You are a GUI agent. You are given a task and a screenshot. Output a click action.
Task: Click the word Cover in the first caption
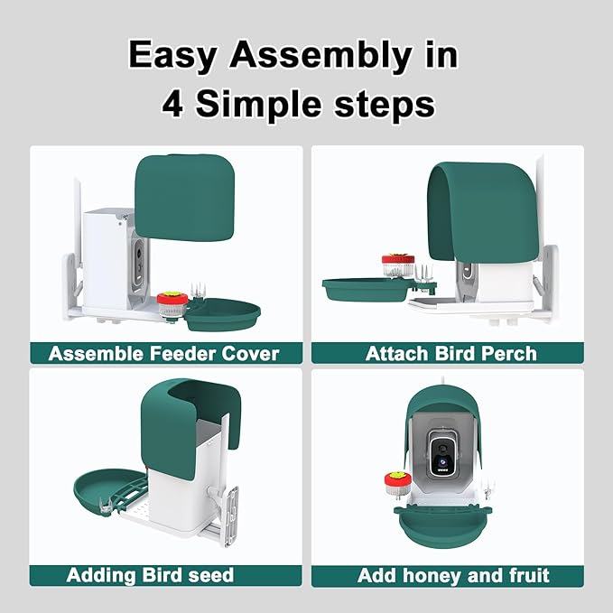tap(250, 354)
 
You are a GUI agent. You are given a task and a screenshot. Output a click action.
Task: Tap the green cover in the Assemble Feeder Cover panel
tap(185, 197)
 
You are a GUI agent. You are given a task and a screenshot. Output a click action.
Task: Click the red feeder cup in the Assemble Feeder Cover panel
tap(172, 304)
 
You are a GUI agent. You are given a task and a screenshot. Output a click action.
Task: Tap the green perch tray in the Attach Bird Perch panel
tap(367, 290)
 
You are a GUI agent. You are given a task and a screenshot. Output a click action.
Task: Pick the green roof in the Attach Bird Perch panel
tap(483, 212)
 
